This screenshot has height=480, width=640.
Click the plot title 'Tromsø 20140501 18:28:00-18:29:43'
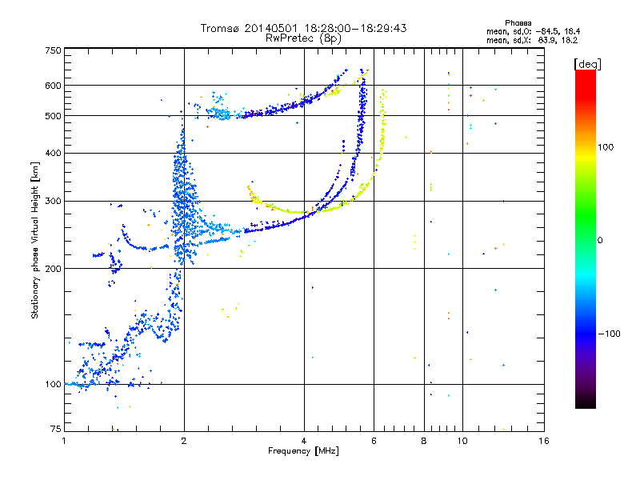click(x=304, y=27)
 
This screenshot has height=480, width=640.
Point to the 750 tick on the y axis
click(x=53, y=50)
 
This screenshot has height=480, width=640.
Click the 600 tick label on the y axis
click(x=53, y=86)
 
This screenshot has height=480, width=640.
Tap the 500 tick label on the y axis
click(x=53, y=116)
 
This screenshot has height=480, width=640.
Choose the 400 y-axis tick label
click(x=53, y=153)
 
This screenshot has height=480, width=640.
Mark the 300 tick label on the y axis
click(x=53, y=201)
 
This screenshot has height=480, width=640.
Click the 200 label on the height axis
click(x=53, y=268)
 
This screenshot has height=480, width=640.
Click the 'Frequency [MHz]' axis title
click(x=304, y=451)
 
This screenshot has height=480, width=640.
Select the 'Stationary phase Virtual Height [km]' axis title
click(x=35, y=241)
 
